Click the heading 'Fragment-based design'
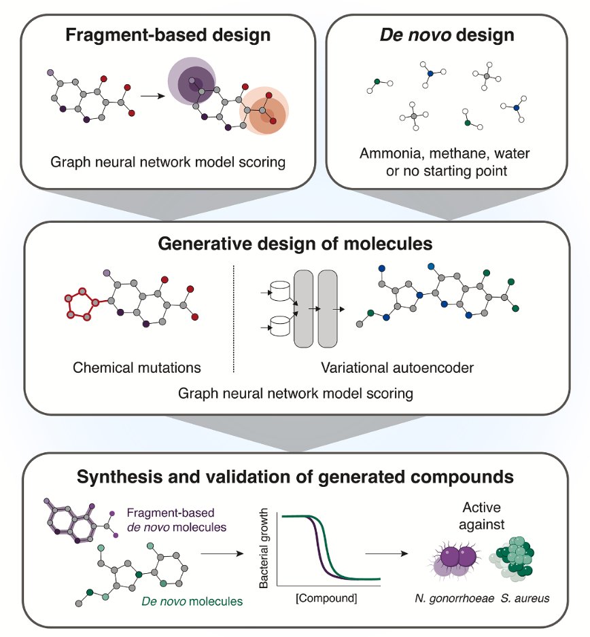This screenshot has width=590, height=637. coord(168,35)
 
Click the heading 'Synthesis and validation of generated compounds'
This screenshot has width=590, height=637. coord(294,477)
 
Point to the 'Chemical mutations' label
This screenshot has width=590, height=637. coord(137,367)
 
